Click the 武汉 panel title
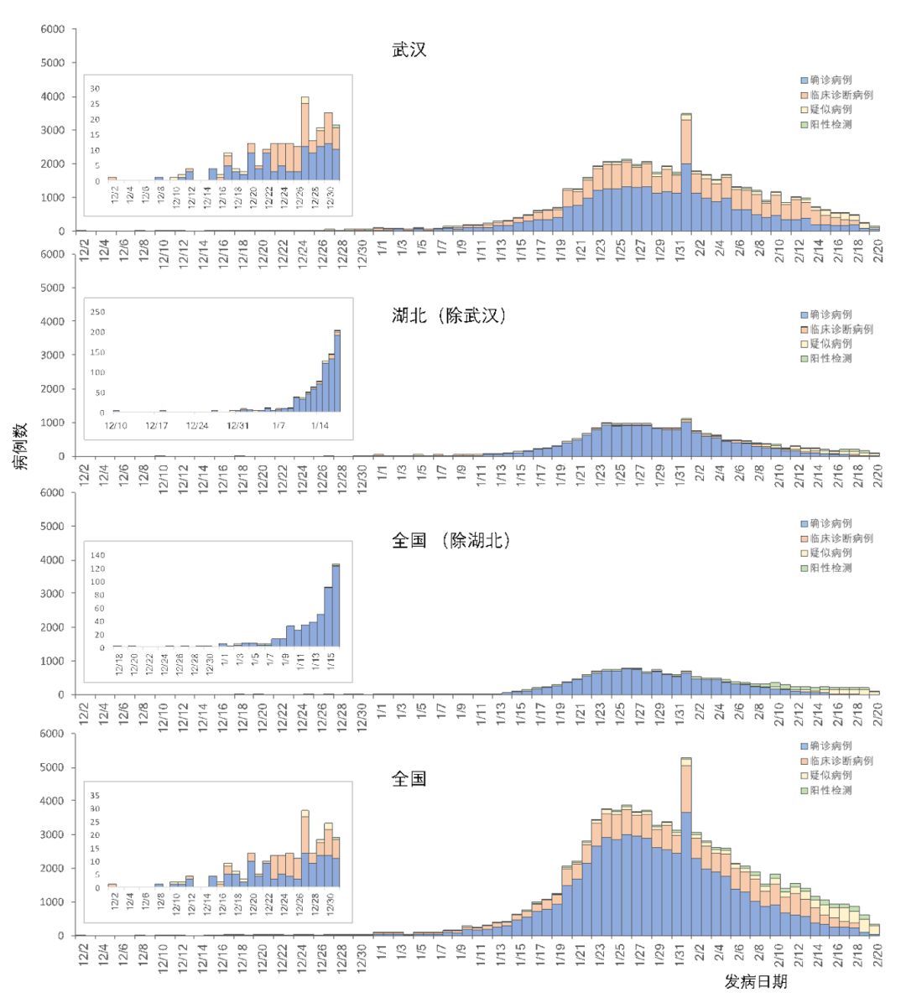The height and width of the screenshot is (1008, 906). (409, 50)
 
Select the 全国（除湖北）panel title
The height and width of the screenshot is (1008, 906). (451, 541)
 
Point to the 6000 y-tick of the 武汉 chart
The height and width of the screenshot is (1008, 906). (53, 29)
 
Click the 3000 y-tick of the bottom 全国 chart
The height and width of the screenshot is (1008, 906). (53, 835)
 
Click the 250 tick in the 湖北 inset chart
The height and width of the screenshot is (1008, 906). (97, 312)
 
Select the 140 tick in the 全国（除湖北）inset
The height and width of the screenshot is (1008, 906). (97, 555)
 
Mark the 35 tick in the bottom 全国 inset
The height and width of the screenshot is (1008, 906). (95, 795)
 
